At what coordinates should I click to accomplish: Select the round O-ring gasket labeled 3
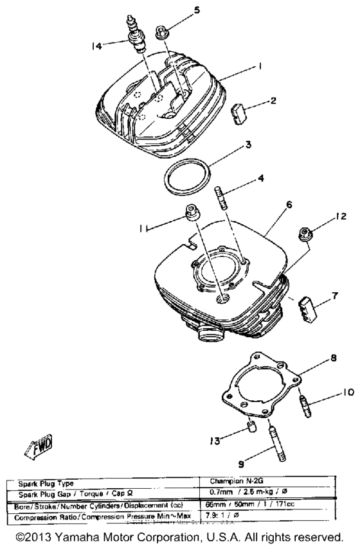click(x=186, y=176)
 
